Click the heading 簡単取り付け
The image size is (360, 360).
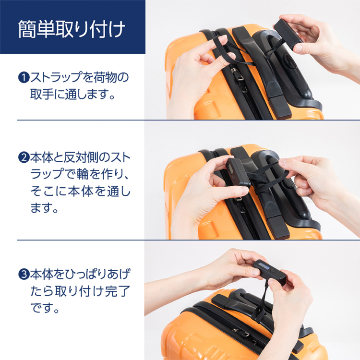point(72,29)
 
